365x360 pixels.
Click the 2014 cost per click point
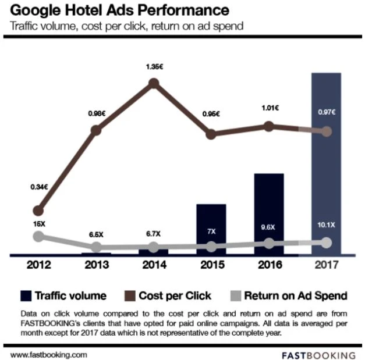(x=154, y=84)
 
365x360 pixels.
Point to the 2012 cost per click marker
(x=39, y=210)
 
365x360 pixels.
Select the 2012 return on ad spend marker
(x=38, y=236)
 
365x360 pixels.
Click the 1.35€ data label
(x=154, y=67)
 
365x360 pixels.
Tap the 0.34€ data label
(x=38, y=187)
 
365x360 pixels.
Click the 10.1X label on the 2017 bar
(x=326, y=225)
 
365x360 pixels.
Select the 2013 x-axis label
(x=96, y=265)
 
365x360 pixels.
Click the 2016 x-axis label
(x=268, y=265)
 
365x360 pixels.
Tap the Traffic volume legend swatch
(x=26, y=295)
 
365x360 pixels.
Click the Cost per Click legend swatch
(x=129, y=295)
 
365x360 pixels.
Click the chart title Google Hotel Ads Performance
(x=120, y=10)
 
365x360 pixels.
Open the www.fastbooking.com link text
(x=49, y=353)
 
